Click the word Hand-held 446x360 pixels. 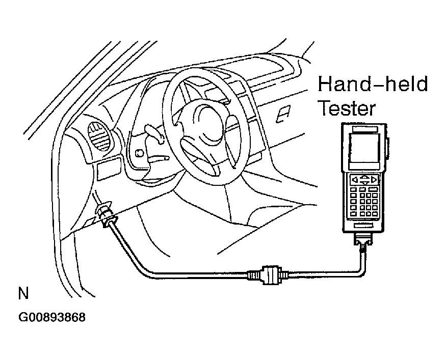pyautogui.click(x=372, y=84)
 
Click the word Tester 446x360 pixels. pyautogui.click(x=347, y=108)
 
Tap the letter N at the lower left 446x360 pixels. pyautogui.click(x=23, y=293)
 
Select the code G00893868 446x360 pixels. pyautogui.click(x=52, y=317)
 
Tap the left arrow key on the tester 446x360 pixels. pyautogui.click(x=355, y=180)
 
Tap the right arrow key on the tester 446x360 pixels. pyautogui.click(x=374, y=180)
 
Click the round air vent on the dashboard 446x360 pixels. pyautogui.click(x=100, y=136)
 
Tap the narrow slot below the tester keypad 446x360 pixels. pyautogui.click(x=364, y=226)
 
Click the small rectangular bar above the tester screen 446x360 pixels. pyautogui.click(x=365, y=129)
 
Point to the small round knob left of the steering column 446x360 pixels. pyautogui.click(x=140, y=153)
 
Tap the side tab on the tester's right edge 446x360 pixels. pyautogui.click(x=388, y=147)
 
